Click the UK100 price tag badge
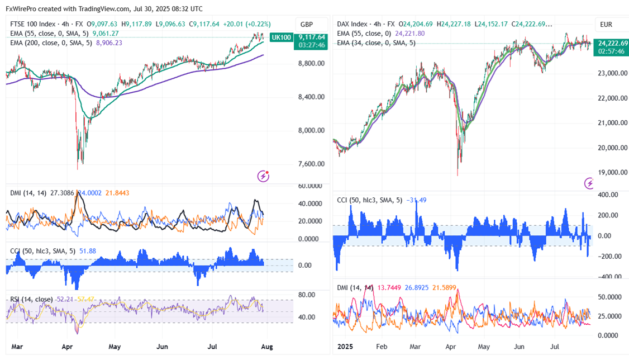[281, 37]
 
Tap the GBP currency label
[307, 25]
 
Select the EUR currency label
[607, 25]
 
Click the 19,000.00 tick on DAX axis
[613, 172]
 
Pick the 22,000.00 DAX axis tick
[613, 98]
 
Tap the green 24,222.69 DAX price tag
[613, 43]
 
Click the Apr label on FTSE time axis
[67, 347]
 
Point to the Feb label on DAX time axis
[382, 347]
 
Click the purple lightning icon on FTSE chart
[264, 176]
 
